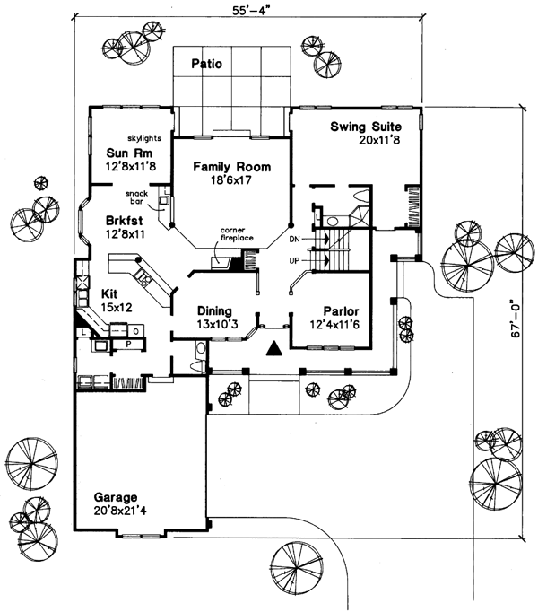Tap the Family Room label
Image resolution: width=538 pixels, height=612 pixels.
click(x=229, y=167)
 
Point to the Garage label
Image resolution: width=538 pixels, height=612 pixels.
click(x=113, y=496)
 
